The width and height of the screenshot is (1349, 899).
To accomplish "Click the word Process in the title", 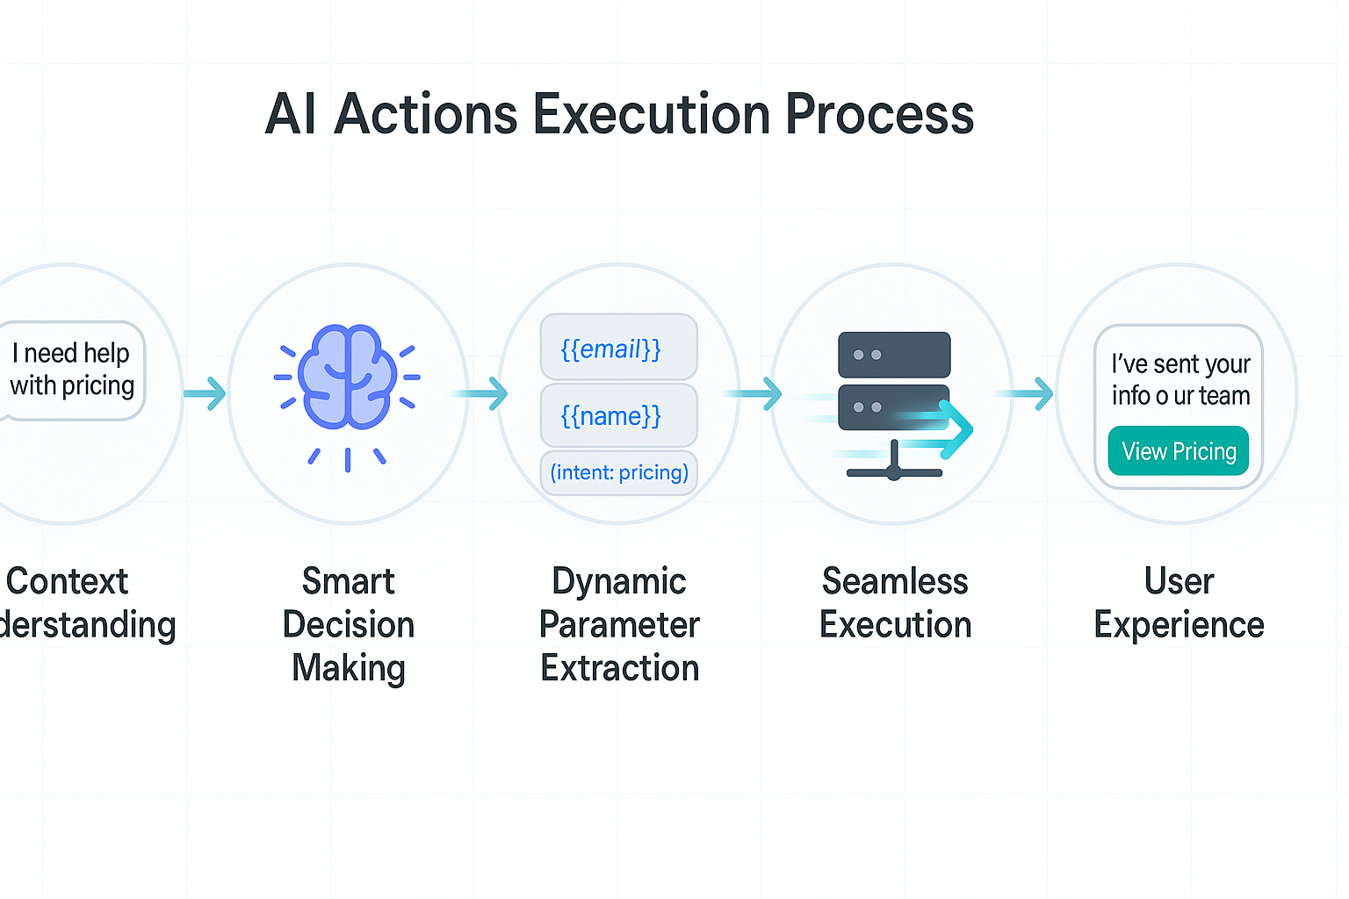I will (879, 114).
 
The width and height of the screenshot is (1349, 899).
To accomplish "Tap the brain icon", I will (348, 377).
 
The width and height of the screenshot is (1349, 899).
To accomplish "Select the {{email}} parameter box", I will (618, 348).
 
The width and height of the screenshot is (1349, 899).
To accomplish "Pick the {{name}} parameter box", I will (618, 414).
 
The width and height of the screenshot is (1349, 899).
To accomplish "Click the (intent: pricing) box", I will (619, 472).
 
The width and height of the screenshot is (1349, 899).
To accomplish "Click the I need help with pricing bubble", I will (72, 370).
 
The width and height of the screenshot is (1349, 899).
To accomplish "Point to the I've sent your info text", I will (1179, 379).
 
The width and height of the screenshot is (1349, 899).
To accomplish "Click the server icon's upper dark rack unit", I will (894, 355).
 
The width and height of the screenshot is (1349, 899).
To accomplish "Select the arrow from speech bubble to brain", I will (205, 392).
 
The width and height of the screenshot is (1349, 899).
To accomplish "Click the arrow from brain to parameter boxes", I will (481, 393).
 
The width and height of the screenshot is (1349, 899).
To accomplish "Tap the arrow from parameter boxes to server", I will (755, 393).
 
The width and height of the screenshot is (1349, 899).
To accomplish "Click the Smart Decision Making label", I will (349, 624).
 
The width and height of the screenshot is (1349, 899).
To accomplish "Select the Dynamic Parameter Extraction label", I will (619, 624).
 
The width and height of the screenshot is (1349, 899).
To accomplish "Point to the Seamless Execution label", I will (895, 603).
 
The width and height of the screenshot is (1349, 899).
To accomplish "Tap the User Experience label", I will (1179, 603).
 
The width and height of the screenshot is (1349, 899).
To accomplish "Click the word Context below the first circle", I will (68, 581).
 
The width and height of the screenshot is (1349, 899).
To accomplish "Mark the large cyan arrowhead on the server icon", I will (955, 428).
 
